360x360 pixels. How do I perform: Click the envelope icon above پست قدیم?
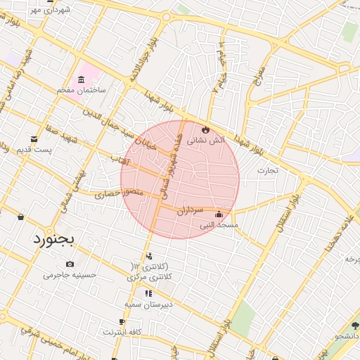(34, 139)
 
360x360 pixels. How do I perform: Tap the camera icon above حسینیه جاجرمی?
(70, 264)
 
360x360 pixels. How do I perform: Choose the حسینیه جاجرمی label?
(69, 275)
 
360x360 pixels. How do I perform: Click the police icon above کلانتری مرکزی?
(148, 256)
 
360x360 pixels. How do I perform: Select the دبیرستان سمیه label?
(148, 304)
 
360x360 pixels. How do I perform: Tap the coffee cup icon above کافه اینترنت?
(123, 321)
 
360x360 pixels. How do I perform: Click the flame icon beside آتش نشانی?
(205, 130)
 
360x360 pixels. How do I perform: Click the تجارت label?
(267, 170)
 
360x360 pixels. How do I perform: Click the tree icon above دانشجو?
(354, 327)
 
